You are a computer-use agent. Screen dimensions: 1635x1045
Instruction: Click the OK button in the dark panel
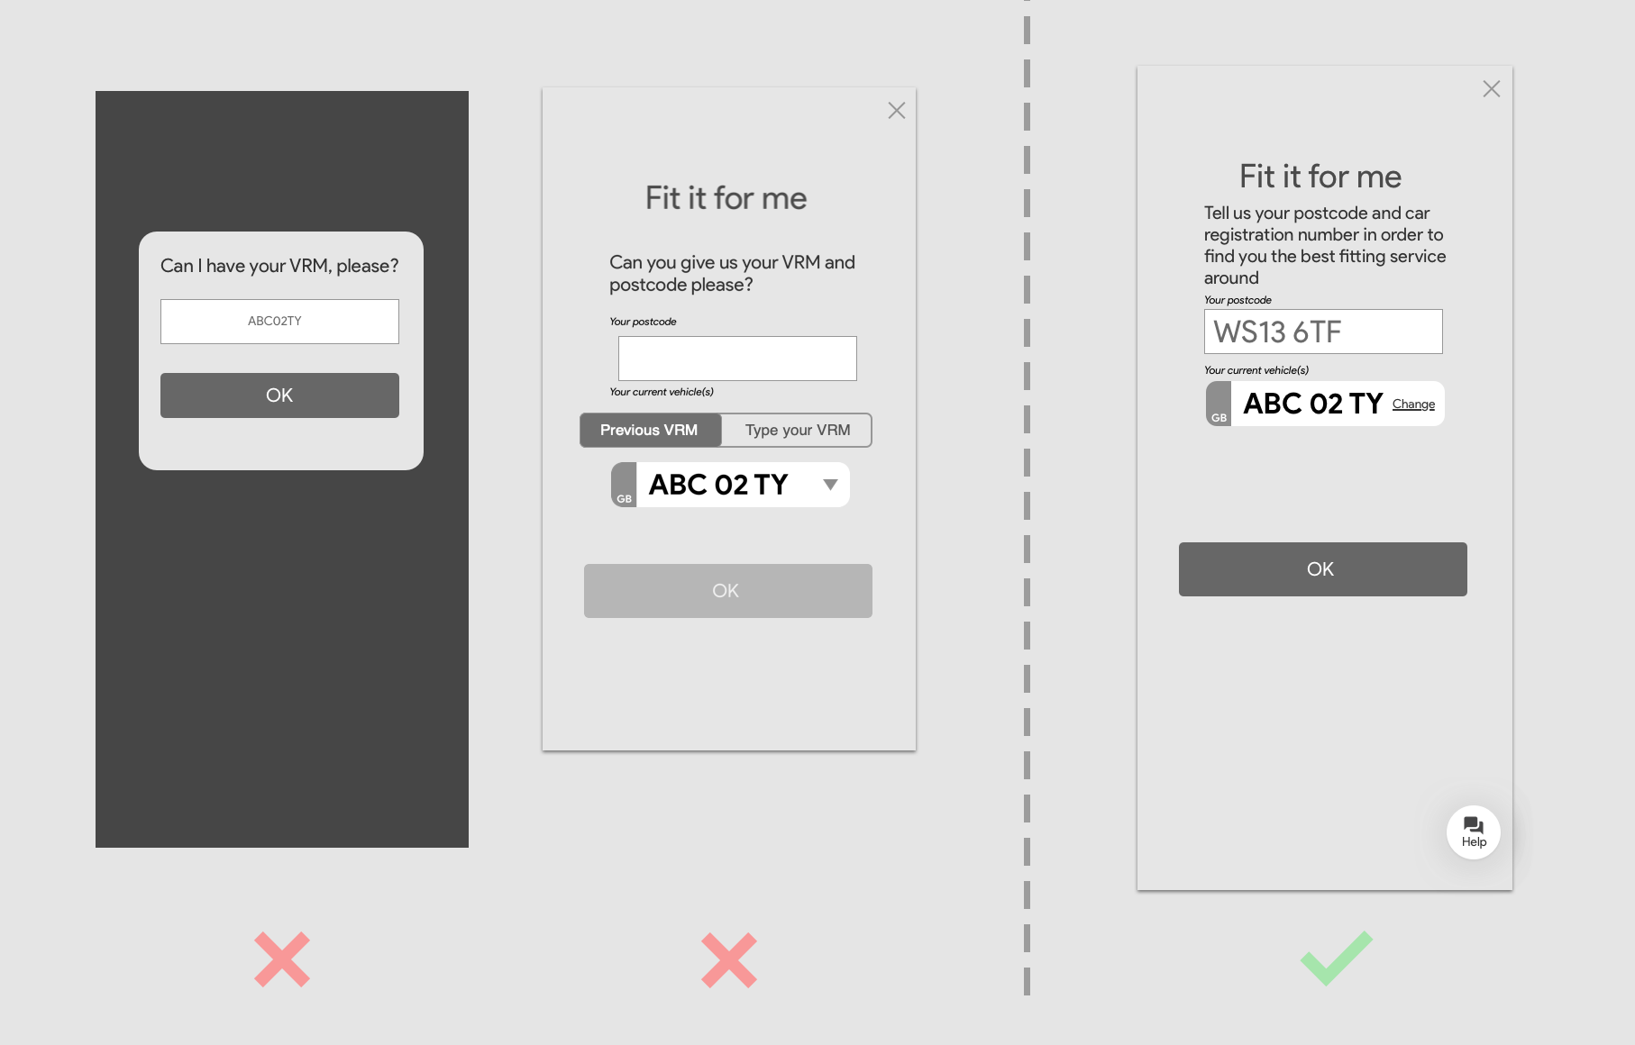tap(279, 395)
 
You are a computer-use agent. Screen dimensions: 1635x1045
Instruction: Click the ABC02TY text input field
tap(279, 322)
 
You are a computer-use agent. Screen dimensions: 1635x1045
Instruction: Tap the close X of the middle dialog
tap(897, 111)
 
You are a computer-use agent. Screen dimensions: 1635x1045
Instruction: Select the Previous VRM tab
tap(650, 431)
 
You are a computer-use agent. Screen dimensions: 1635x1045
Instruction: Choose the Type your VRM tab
tap(798, 431)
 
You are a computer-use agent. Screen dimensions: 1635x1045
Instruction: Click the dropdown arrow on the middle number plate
tap(831, 485)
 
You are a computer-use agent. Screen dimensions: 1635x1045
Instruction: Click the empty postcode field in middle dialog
tap(737, 359)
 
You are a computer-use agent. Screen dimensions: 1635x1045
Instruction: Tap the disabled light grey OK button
tap(728, 591)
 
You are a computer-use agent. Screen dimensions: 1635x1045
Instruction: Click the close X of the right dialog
tap(1492, 89)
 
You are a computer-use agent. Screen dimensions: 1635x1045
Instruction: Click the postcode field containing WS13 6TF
tap(1323, 332)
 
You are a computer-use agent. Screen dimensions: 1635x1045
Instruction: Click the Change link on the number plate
tap(1413, 404)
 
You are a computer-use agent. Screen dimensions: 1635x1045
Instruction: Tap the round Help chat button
tap(1474, 832)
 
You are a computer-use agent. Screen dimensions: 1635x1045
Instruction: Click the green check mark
tap(1336, 959)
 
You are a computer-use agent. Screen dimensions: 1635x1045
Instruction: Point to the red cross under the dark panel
tap(282, 959)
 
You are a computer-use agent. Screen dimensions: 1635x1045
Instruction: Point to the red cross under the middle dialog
tap(729, 960)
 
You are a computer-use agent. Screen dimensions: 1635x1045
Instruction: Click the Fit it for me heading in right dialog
tap(1320, 177)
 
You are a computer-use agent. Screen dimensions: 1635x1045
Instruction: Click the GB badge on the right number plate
tap(1219, 404)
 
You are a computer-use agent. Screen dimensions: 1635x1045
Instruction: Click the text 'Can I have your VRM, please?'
tap(279, 266)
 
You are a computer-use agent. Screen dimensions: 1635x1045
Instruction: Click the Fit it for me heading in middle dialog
tap(726, 198)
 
